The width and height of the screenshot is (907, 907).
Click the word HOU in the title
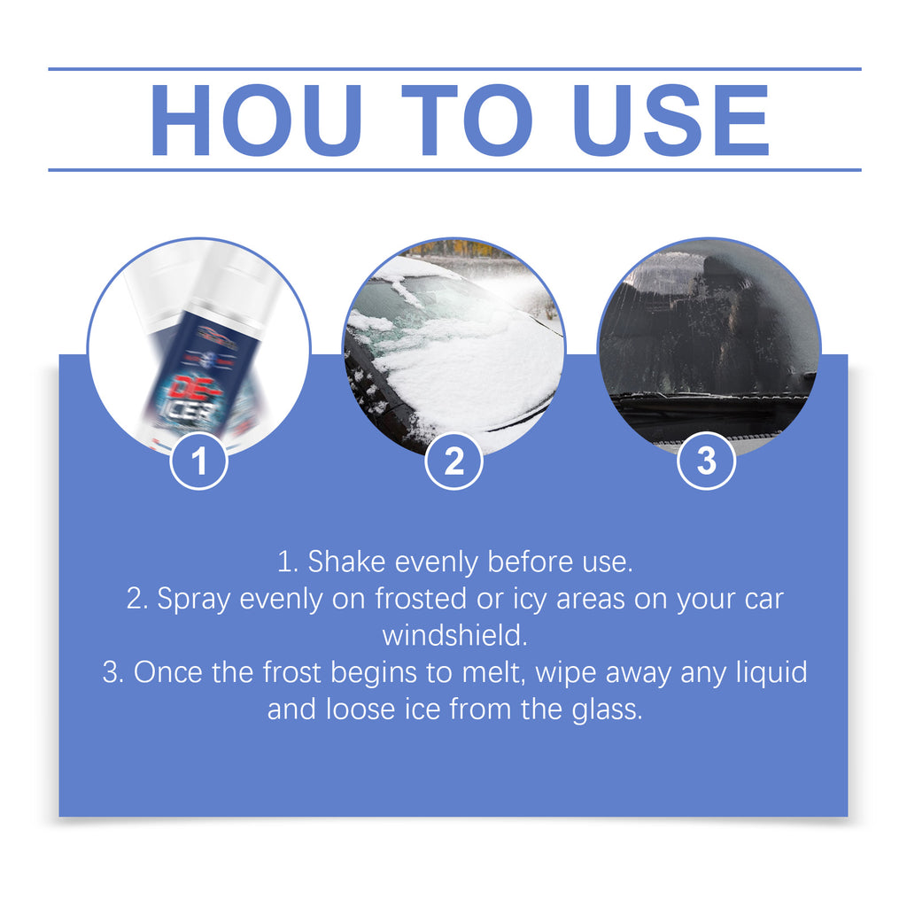[256, 120]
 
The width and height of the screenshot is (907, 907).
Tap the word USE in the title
[671, 120]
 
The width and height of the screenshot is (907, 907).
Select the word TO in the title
[467, 120]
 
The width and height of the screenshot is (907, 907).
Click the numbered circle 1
[198, 461]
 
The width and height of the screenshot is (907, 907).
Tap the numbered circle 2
[453, 461]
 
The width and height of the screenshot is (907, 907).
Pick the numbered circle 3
[706, 461]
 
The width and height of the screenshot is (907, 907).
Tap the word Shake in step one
[346, 562]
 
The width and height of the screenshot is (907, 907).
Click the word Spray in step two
[194, 600]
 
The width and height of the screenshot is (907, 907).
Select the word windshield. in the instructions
[454, 636]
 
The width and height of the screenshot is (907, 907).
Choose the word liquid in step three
[771, 673]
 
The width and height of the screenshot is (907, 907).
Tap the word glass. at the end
[608, 709]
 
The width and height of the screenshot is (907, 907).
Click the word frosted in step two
[421, 599]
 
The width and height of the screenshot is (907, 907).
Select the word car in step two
[764, 600]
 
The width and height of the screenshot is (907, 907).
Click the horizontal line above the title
[454, 69]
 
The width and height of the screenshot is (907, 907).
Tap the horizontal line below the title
[454, 170]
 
